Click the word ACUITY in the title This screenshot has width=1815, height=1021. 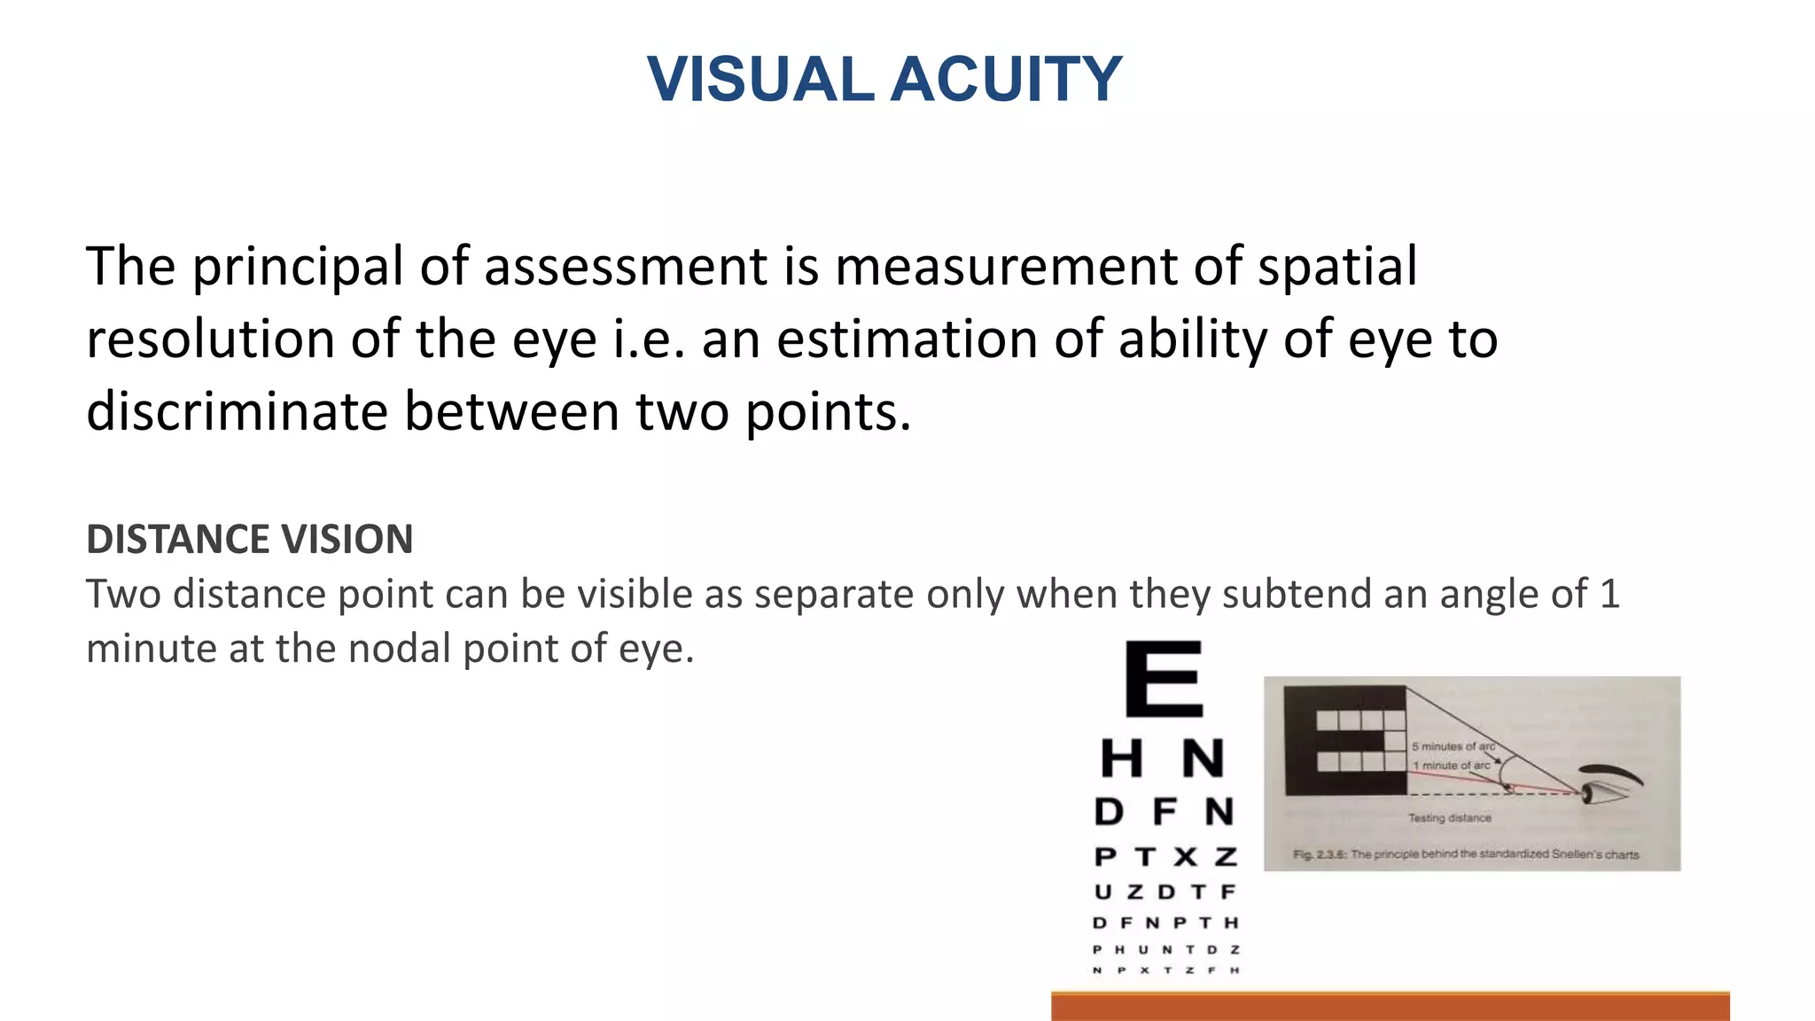1006,79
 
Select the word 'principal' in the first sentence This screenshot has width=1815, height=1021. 298,267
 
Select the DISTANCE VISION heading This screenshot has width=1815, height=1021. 249,540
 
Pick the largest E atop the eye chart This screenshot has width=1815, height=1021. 1164,679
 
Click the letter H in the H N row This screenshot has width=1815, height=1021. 1121,760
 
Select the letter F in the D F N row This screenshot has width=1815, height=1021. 1165,811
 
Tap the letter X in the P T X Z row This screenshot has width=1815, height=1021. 1185,857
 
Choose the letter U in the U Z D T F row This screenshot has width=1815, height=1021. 1103,892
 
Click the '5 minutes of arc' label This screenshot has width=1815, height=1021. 1453,746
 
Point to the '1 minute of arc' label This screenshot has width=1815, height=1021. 1451,766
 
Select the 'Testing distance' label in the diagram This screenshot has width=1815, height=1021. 1450,818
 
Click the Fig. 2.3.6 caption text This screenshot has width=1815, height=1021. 1466,854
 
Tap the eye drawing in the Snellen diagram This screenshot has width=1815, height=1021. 1604,783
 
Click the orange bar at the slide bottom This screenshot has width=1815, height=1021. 1390,1007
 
